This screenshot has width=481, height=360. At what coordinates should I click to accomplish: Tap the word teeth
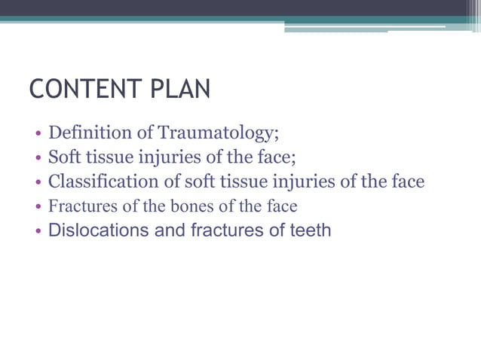click(311, 230)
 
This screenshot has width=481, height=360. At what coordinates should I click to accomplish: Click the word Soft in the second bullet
click(64, 157)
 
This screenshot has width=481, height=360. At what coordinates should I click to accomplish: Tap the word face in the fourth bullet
click(282, 206)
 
